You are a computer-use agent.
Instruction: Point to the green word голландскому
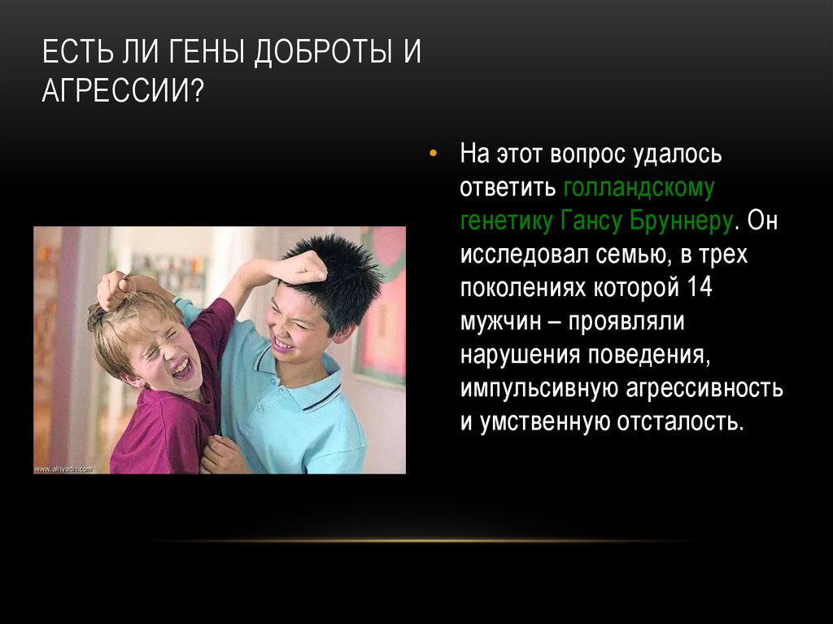[639, 188]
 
